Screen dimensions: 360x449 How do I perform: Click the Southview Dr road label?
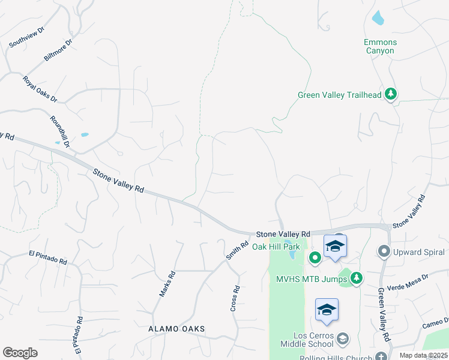26,37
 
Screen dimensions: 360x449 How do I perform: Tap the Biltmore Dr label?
58,50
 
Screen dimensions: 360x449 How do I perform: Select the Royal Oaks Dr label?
40,89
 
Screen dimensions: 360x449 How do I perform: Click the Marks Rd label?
167,284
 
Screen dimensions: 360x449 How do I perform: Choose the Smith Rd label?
237,250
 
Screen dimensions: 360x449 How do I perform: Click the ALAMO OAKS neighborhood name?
176,329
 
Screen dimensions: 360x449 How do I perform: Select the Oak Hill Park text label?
276,247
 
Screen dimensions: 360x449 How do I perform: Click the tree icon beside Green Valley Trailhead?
391,94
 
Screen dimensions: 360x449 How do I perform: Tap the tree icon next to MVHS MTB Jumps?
357,278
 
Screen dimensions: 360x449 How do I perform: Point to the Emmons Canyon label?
381,46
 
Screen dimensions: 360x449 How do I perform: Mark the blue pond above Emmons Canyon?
378,18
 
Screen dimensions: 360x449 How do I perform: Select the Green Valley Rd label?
384,315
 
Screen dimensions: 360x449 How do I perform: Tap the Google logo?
20,353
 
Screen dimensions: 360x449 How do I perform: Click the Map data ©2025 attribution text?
423,355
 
